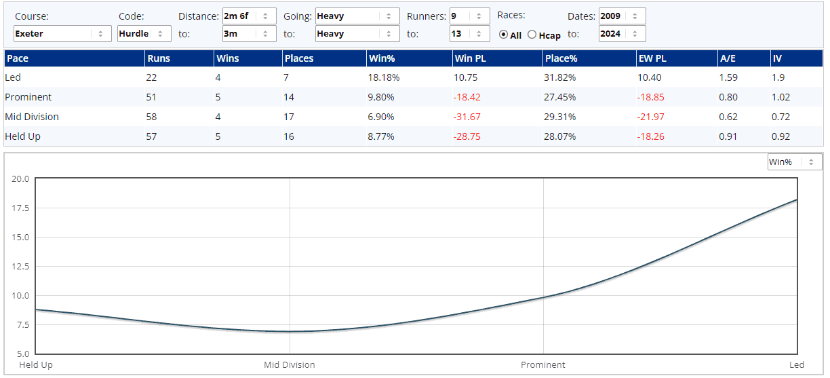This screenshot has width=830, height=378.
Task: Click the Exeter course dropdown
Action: coord(62,33)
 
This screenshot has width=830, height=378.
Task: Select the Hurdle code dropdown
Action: coord(144,33)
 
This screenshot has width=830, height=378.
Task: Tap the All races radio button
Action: coord(503,35)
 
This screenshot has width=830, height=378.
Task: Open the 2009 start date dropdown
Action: coord(622,16)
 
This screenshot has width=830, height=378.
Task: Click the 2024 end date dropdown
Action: coord(622,33)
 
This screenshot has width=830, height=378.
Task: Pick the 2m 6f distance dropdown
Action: coord(249,16)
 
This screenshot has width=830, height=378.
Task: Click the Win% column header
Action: coord(381,58)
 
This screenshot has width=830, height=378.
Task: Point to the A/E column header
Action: coord(728,58)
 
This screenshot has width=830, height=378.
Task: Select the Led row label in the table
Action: coord(13,77)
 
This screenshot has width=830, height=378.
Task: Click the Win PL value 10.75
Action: coord(465,77)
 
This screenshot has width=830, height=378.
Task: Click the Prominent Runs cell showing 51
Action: coord(151,97)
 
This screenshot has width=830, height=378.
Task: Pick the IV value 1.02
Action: coord(783,97)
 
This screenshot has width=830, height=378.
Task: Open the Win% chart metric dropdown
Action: coord(794,162)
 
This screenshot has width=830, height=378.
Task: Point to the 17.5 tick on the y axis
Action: coord(20,208)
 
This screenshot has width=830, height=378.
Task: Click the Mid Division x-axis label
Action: coord(290,365)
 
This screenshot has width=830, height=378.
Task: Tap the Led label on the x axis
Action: coord(797,365)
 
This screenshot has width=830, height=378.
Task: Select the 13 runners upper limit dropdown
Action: coord(469,33)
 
